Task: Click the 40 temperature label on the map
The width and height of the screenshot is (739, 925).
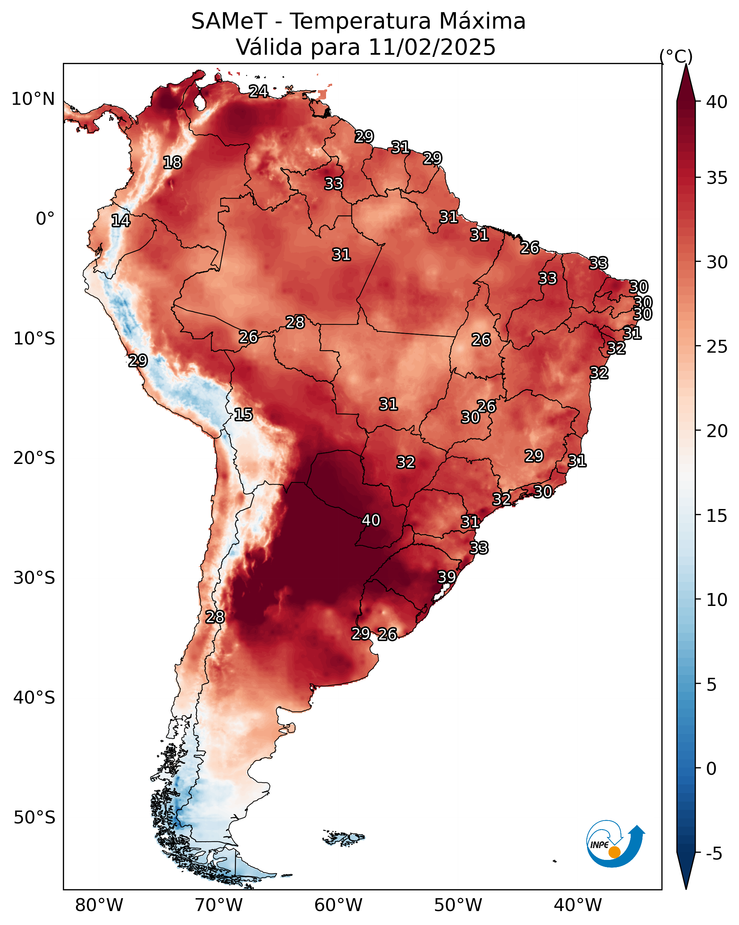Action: pyautogui.click(x=371, y=520)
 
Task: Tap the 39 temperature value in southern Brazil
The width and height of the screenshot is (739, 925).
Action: pyautogui.click(x=447, y=577)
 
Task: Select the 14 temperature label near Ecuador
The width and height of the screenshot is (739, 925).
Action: pyautogui.click(x=120, y=221)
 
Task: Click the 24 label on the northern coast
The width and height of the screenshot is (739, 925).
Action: pyautogui.click(x=258, y=91)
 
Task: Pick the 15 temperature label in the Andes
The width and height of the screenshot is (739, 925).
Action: pyautogui.click(x=243, y=415)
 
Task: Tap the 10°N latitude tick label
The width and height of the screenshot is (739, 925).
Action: pyautogui.click(x=33, y=99)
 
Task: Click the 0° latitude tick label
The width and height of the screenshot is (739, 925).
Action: pyautogui.click(x=45, y=219)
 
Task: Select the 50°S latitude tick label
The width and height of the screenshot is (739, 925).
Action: pyautogui.click(x=34, y=818)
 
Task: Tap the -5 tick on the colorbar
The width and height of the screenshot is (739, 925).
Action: pyautogui.click(x=714, y=854)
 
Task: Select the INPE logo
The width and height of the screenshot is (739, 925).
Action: pyautogui.click(x=616, y=845)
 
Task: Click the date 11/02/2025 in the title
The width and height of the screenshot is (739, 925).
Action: pyautogui.click(x=432, y=47)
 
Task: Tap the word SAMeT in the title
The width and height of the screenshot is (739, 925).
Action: pyautogui.click(x=230, y=21)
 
